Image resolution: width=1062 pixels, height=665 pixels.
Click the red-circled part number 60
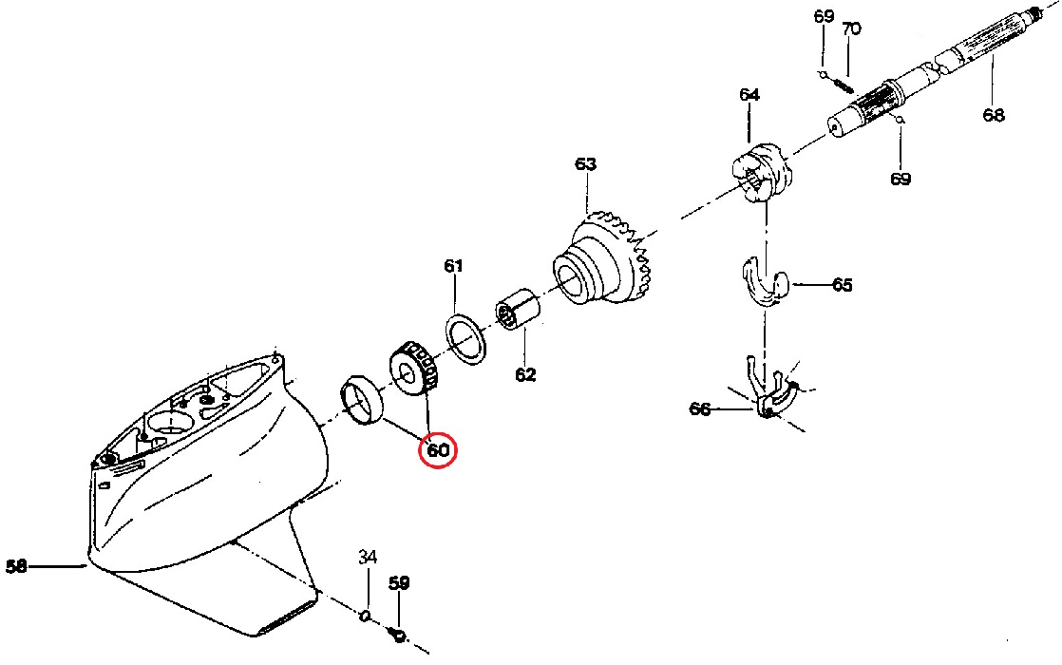438,450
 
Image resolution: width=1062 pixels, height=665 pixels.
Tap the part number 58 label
16,567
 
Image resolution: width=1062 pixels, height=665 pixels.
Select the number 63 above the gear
585,164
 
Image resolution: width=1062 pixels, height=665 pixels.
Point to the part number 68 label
994,115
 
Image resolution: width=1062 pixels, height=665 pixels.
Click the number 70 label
851,29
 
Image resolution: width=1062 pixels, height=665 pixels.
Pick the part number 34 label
368,557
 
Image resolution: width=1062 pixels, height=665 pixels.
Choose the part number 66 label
700,408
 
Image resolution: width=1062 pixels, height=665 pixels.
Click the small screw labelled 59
398,634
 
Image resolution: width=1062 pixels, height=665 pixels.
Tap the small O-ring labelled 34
365,616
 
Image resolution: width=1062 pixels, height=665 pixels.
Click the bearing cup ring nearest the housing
361,400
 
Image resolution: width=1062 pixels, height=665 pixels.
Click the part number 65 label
842,285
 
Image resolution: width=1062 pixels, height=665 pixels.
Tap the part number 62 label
525,374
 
